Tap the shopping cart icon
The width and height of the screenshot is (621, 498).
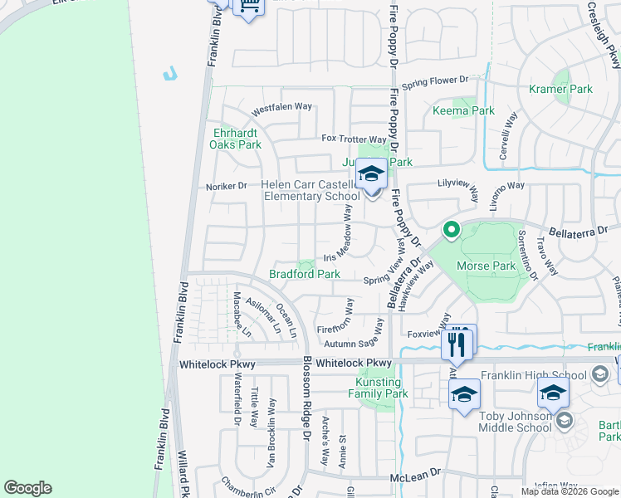247,7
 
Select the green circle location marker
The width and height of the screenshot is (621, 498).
451,229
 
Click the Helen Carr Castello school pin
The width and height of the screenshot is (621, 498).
371,176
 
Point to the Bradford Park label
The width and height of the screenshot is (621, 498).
305,273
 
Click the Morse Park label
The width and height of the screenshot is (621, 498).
487,266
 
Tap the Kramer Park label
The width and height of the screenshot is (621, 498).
561,89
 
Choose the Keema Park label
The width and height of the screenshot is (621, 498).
463,110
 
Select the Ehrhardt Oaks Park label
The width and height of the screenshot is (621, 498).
237,139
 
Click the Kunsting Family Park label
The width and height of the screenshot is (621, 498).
382,388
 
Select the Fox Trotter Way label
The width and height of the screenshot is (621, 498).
355,139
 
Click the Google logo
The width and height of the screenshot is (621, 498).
28,488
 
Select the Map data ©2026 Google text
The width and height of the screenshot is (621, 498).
569,491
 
